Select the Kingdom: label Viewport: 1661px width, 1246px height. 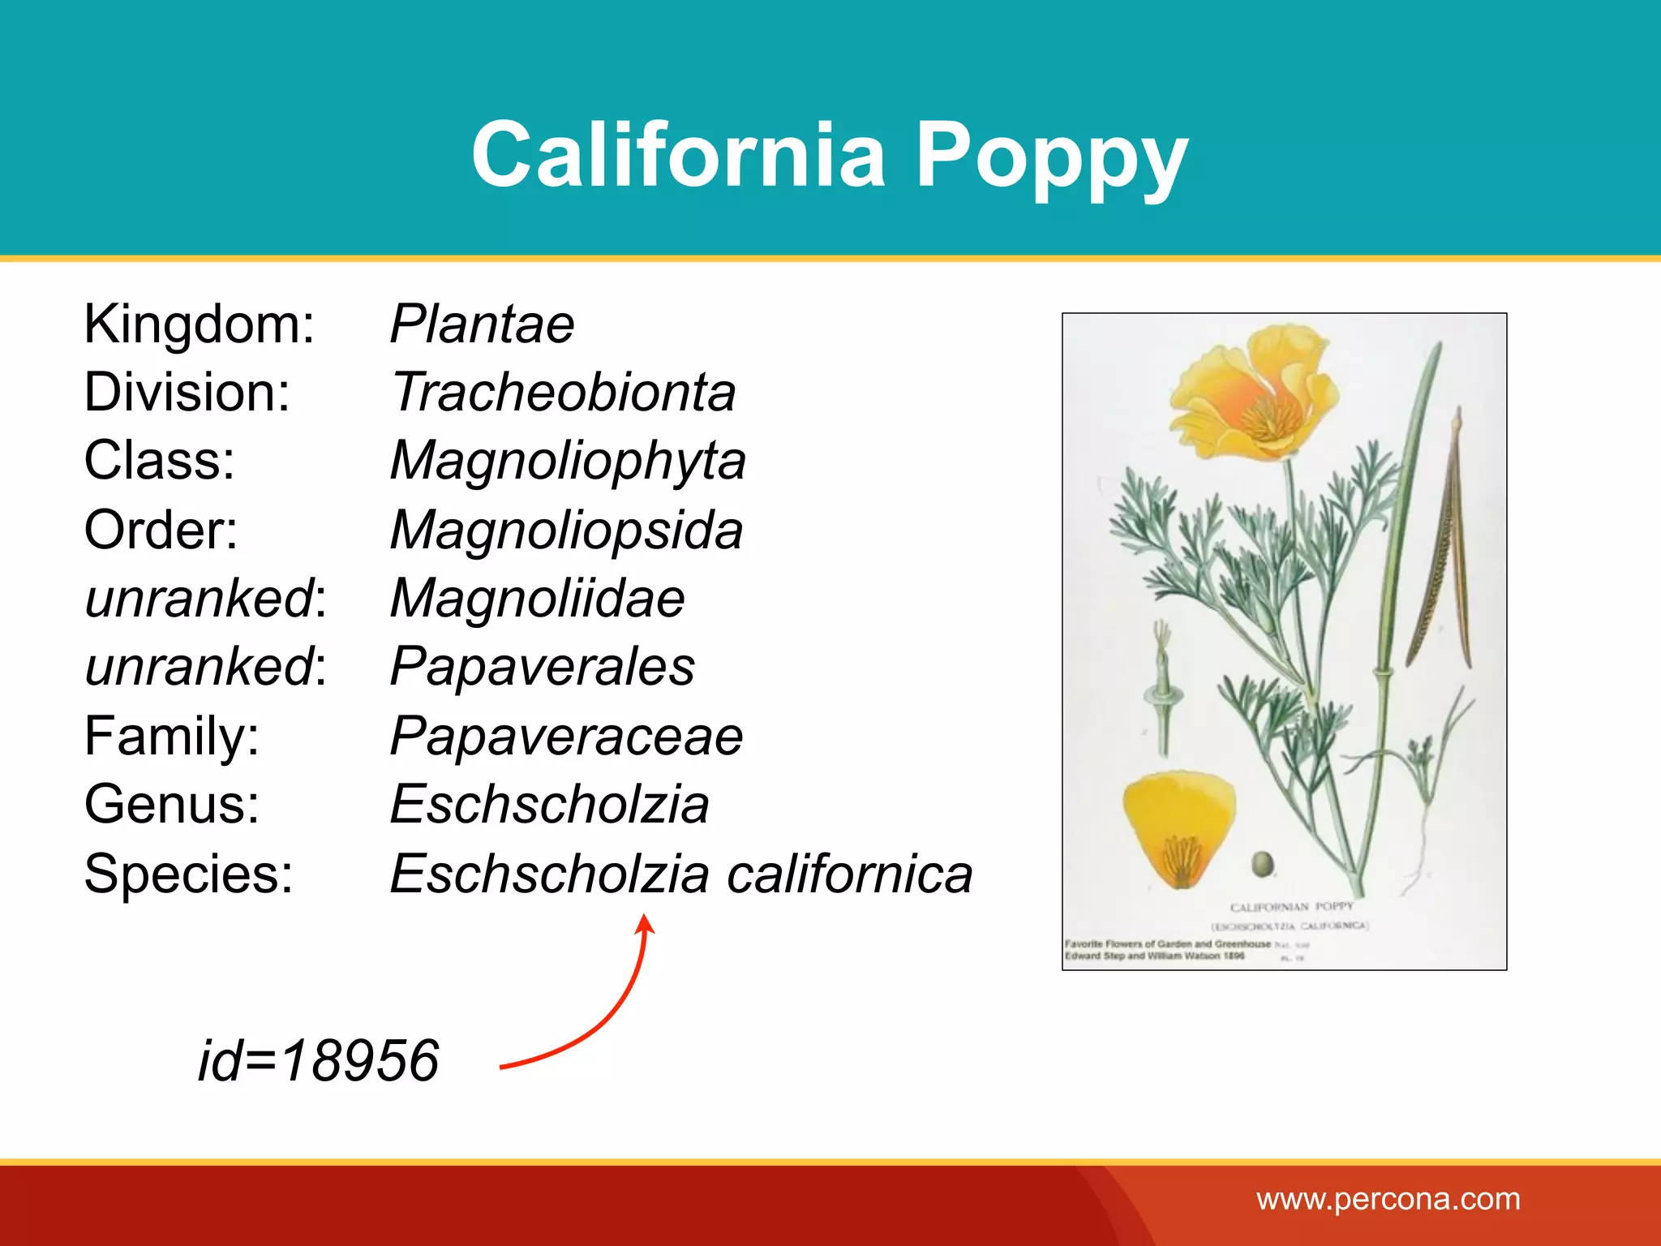pos(200,324)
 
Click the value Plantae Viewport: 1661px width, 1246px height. pos(482,324)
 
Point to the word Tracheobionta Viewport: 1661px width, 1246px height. pos(564,393)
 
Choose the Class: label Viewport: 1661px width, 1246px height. pos(160,461)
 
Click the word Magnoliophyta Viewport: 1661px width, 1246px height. pos(568,461)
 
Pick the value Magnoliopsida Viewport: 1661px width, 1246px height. pos(566,531)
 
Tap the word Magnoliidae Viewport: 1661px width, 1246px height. pos(537,599)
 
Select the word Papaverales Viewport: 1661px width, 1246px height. pos(542,667)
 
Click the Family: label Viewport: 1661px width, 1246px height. pos(172,737)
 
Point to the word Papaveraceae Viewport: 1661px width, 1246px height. pos(566,737)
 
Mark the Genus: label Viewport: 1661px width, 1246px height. pos(172,805)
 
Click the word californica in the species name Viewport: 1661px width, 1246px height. pos(849,874)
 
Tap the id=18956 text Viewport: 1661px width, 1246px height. pos(319,1060)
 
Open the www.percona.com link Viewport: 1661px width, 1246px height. pos(1388,1199)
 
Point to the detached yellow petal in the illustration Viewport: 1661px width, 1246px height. pos(1178,827)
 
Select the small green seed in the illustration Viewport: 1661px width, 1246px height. pos(1262,863)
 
